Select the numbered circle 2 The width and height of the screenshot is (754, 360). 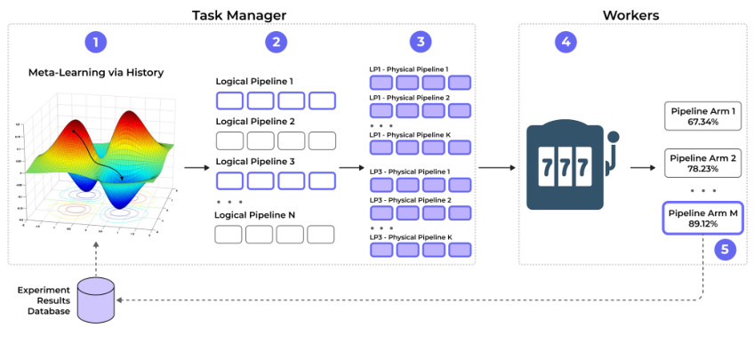pos(277,43)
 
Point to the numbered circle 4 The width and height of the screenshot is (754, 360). pos(565,43)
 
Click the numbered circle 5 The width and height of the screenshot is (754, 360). pos(726,250)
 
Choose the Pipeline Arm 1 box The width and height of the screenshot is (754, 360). pos(702,115)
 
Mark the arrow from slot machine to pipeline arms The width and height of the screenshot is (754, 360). pos(643,166)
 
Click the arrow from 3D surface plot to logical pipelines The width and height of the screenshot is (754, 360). pos(197,166)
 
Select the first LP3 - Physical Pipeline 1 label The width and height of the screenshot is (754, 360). pos(409,171)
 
